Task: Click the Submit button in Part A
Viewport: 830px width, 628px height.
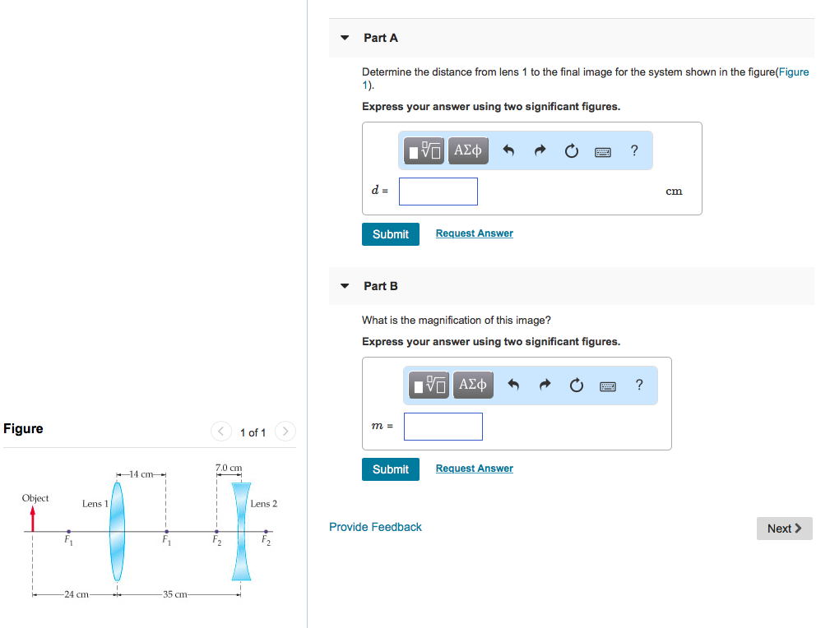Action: click(390, 234)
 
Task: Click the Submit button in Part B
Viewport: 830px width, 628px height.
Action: click(390, 469)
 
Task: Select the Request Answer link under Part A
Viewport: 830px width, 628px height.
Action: click(474, 233)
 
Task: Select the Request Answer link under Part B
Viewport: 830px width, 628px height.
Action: click(474, 469)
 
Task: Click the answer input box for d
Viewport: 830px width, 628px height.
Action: click(438, 192)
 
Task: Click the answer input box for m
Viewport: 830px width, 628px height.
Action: click(443, 427)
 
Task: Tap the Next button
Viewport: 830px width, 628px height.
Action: click(784, 529)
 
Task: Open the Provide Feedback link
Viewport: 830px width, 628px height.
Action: click(375, 527)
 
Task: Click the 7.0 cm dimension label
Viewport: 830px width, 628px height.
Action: click(229, 468)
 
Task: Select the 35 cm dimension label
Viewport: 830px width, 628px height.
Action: click(175, 594)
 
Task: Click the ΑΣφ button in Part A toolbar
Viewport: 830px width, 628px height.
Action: click(467, 150)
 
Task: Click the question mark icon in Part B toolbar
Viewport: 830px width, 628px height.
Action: click(639, 386)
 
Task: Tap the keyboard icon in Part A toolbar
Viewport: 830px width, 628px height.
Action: click(603, 151)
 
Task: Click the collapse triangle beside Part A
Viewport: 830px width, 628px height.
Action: click(345, 38)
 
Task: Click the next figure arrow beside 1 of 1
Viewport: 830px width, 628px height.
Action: click(285, 432)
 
